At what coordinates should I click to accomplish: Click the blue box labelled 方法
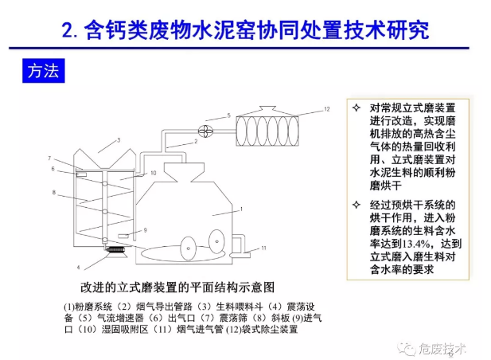tap(39, 72)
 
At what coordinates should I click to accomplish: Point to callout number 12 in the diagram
tap(326, 108)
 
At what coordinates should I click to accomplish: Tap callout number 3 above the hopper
tap(117, 140)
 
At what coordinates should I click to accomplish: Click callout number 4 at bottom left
tap(79, 266)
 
